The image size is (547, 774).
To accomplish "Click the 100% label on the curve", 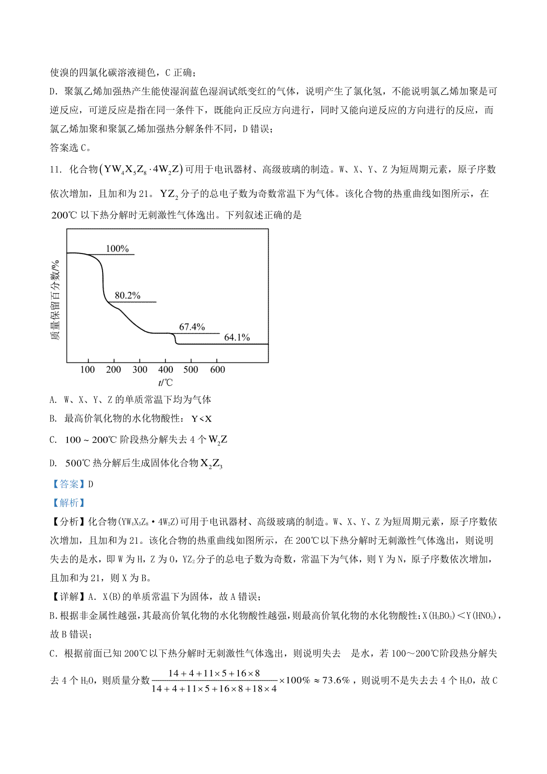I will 117,248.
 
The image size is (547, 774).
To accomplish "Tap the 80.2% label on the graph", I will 128,295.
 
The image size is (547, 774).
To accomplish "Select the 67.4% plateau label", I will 192,327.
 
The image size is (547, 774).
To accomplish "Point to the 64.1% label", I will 237,337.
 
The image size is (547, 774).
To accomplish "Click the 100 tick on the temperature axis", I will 87,370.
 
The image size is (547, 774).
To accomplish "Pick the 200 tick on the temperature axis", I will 114,370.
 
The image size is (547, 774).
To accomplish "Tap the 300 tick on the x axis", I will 139,370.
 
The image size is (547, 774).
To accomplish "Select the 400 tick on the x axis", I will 165,370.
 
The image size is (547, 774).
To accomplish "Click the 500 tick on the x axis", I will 191,370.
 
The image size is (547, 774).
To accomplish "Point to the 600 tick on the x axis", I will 217,370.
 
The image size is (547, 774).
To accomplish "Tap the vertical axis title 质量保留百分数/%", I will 55,301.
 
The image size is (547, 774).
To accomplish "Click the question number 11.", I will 55,170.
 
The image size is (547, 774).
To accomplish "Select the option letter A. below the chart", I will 53,400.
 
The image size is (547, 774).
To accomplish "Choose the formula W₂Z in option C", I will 218,440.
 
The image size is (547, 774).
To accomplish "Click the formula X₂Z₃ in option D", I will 212,464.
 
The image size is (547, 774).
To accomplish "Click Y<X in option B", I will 201,419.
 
